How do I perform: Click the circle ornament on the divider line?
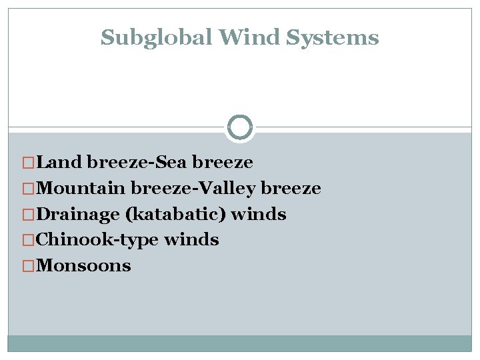pos(240,127)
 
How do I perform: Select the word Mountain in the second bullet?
pos(82,188)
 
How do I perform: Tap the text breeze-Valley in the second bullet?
pos(193,189)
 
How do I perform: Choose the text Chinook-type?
pos(98,240)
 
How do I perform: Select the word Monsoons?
pos(84,266)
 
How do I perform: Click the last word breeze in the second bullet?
pos(291,188)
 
